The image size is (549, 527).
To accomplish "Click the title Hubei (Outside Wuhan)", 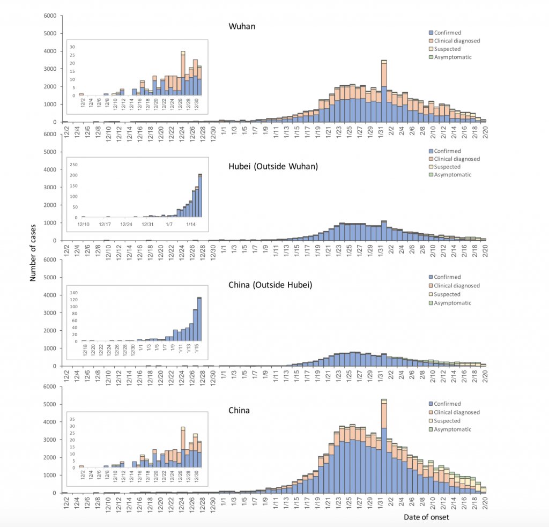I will pos(273,166).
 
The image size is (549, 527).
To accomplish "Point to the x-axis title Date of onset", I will pos(426,517).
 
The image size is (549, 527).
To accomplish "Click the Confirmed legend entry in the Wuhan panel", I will pos(448,33).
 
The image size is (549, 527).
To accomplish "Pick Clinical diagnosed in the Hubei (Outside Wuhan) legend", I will pos(457,159).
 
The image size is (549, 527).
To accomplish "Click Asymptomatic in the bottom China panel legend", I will pos(453,429).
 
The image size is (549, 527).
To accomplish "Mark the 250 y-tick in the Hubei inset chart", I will pos(75,164).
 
